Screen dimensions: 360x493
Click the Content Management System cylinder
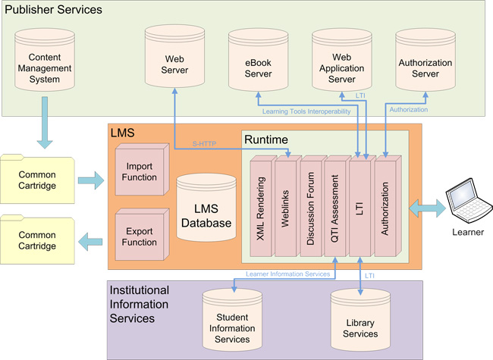(x=49, y=68)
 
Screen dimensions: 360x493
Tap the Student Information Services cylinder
(x=232, y=326)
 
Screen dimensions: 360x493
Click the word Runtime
(x=265, y=139)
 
